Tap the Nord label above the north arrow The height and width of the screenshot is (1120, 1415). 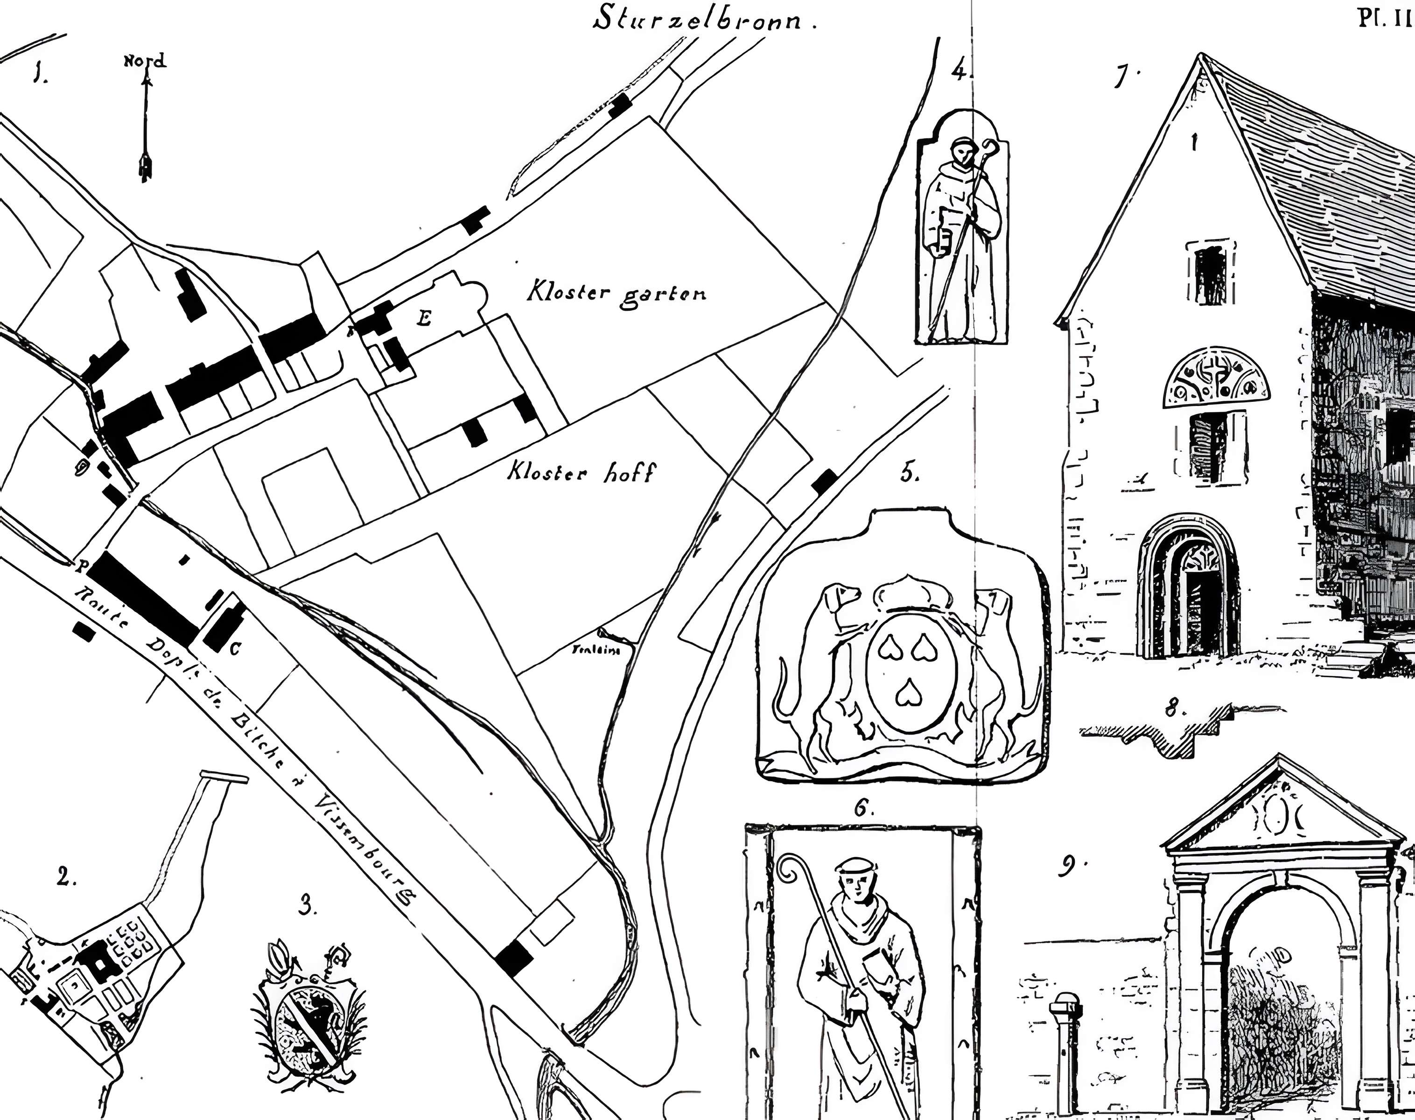(146, 61)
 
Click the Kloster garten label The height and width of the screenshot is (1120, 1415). (617, 293)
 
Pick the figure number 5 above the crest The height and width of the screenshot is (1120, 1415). (908, 472)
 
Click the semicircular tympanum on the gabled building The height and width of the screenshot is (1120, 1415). (1216, 377)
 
